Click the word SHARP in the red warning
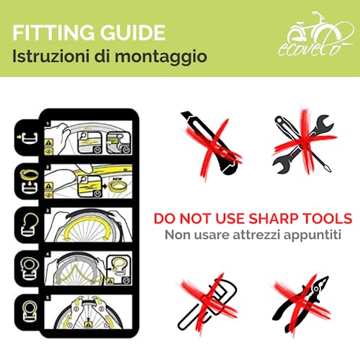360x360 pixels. (258, 218)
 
